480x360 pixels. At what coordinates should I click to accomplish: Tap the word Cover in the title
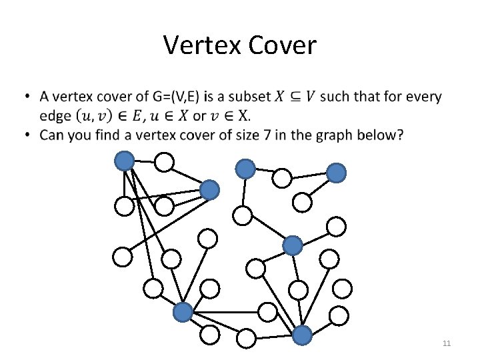[x=283, y=45]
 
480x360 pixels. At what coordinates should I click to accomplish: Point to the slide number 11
[x=447, y=343]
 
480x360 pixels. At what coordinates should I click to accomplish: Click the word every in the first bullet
[x=423, y=97]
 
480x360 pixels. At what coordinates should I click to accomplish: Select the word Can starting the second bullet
[x=53, y=135]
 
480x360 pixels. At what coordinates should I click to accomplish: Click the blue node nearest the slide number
[x=302, y=335]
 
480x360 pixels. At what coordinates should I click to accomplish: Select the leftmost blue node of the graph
[x=125, y=161]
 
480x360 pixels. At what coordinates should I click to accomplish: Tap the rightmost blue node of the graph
[x=337, y=173]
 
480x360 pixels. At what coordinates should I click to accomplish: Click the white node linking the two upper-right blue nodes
[x=283, y=179]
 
